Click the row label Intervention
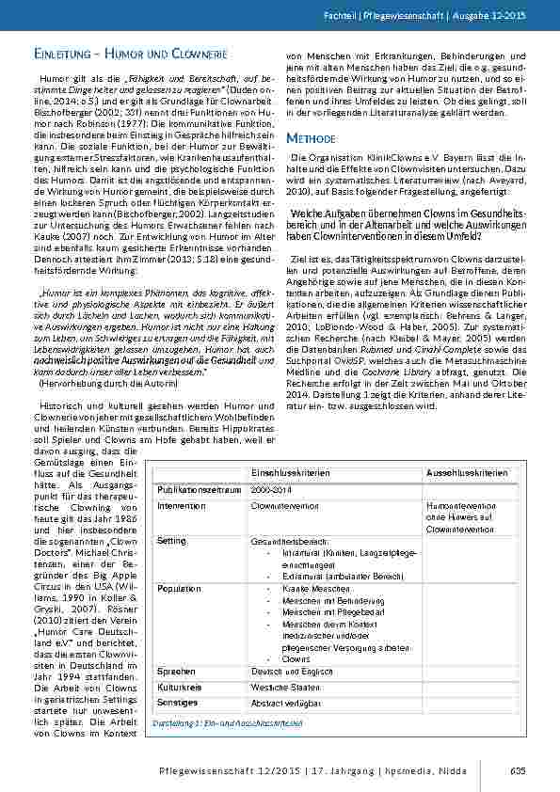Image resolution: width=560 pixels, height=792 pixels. coord(182,506)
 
